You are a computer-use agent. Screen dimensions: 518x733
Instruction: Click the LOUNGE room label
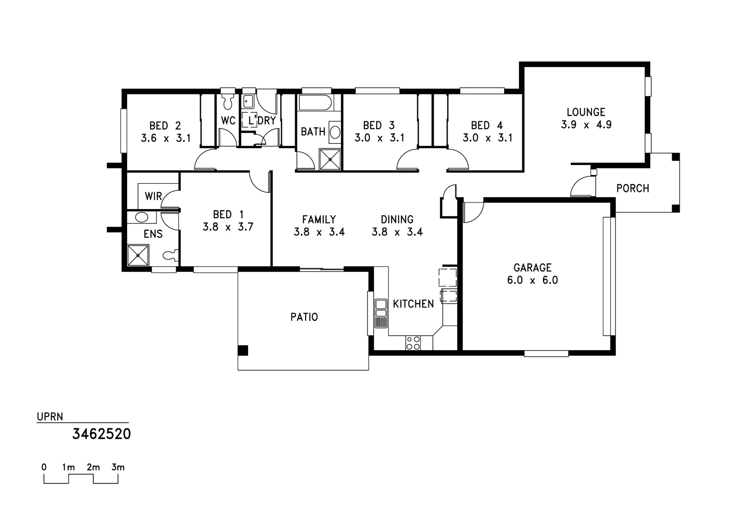coord(586,112)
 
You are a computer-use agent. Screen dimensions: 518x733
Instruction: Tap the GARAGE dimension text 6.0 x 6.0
coord(532,280)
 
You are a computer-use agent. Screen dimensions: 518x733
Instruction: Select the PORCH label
coord(632,188)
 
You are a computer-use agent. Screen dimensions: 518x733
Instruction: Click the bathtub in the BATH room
coord(315,103)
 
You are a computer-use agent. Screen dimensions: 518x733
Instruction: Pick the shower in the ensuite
coord(138,255)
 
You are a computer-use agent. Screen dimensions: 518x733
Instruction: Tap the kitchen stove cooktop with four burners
coord(413,343)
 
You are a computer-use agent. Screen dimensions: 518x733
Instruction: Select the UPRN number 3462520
coord(101,434)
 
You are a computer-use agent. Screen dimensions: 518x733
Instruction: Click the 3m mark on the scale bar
coord(118,467)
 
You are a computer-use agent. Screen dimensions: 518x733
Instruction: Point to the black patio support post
coord(243,351)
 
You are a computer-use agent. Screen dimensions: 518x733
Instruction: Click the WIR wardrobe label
coord(153,196)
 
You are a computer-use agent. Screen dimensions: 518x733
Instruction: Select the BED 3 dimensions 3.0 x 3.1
coord(379,138)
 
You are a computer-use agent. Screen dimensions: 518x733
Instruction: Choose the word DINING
coord(397,220)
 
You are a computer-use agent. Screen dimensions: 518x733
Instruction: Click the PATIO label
coord(304,317)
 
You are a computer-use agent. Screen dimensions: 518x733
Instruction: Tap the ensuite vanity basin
coord(142,217)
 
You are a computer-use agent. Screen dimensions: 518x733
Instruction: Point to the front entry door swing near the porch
coord(582,187)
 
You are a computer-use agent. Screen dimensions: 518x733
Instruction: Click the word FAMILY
coord(319,220)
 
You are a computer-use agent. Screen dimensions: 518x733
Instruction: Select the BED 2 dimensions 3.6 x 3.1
coord(166,138)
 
